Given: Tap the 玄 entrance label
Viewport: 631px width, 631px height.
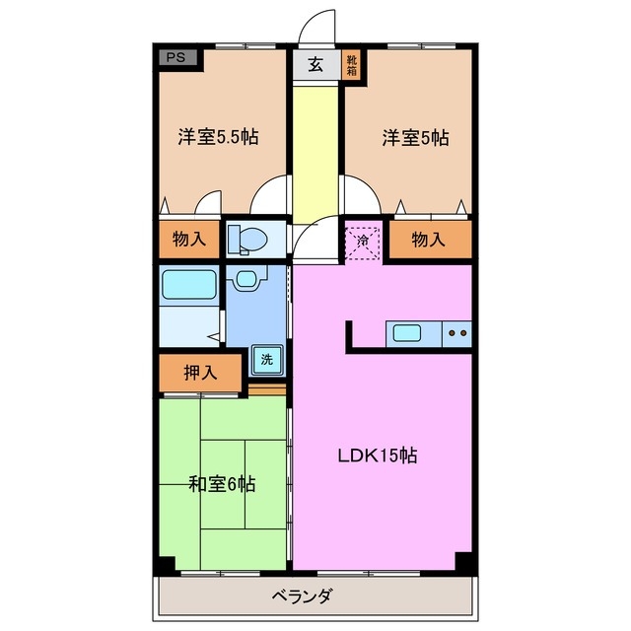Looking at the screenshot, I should (315, 65).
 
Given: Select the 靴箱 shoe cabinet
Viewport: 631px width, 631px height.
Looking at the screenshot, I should (350, 65).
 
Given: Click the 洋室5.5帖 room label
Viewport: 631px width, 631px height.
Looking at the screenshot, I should (218, 138).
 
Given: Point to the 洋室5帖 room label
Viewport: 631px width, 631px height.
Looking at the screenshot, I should (415, 138).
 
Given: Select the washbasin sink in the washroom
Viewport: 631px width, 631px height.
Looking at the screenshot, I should (246, 278).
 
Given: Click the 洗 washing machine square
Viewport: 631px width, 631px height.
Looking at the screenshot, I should (266, 360).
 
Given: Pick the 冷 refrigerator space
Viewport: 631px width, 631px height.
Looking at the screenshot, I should (363, 241).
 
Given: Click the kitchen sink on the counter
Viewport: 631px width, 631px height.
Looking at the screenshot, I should (407, 332).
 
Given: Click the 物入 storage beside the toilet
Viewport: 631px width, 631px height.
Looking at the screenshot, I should (188, 240).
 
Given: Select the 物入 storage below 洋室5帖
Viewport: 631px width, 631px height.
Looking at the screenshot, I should (428, 240).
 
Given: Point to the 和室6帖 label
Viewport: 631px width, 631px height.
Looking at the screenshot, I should (223, 483).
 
